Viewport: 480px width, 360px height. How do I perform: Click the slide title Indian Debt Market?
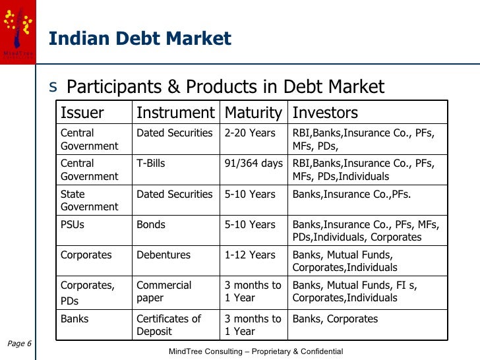140,39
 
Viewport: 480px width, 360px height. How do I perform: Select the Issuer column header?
82,113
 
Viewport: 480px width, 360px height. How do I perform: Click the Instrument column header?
175,113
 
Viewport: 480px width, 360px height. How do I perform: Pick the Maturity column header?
253,113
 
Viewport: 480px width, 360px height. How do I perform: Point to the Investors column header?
325,113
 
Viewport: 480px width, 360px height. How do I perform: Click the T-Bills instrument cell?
150,164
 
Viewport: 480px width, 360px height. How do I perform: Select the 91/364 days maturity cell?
253,164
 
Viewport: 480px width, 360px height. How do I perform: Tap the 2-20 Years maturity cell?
250,133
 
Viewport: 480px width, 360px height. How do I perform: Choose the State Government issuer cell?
89,200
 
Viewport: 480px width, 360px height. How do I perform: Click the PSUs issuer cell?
73,225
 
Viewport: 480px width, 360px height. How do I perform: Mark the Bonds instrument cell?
151,225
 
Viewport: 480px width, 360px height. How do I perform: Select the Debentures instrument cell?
163,255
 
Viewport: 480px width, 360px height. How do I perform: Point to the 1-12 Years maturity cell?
250,255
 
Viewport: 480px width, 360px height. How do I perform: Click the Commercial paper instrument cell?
164,291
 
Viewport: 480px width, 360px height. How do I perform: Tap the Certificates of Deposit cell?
168,325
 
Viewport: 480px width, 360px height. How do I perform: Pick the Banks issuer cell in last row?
75,319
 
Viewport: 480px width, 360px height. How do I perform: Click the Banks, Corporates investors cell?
335,319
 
